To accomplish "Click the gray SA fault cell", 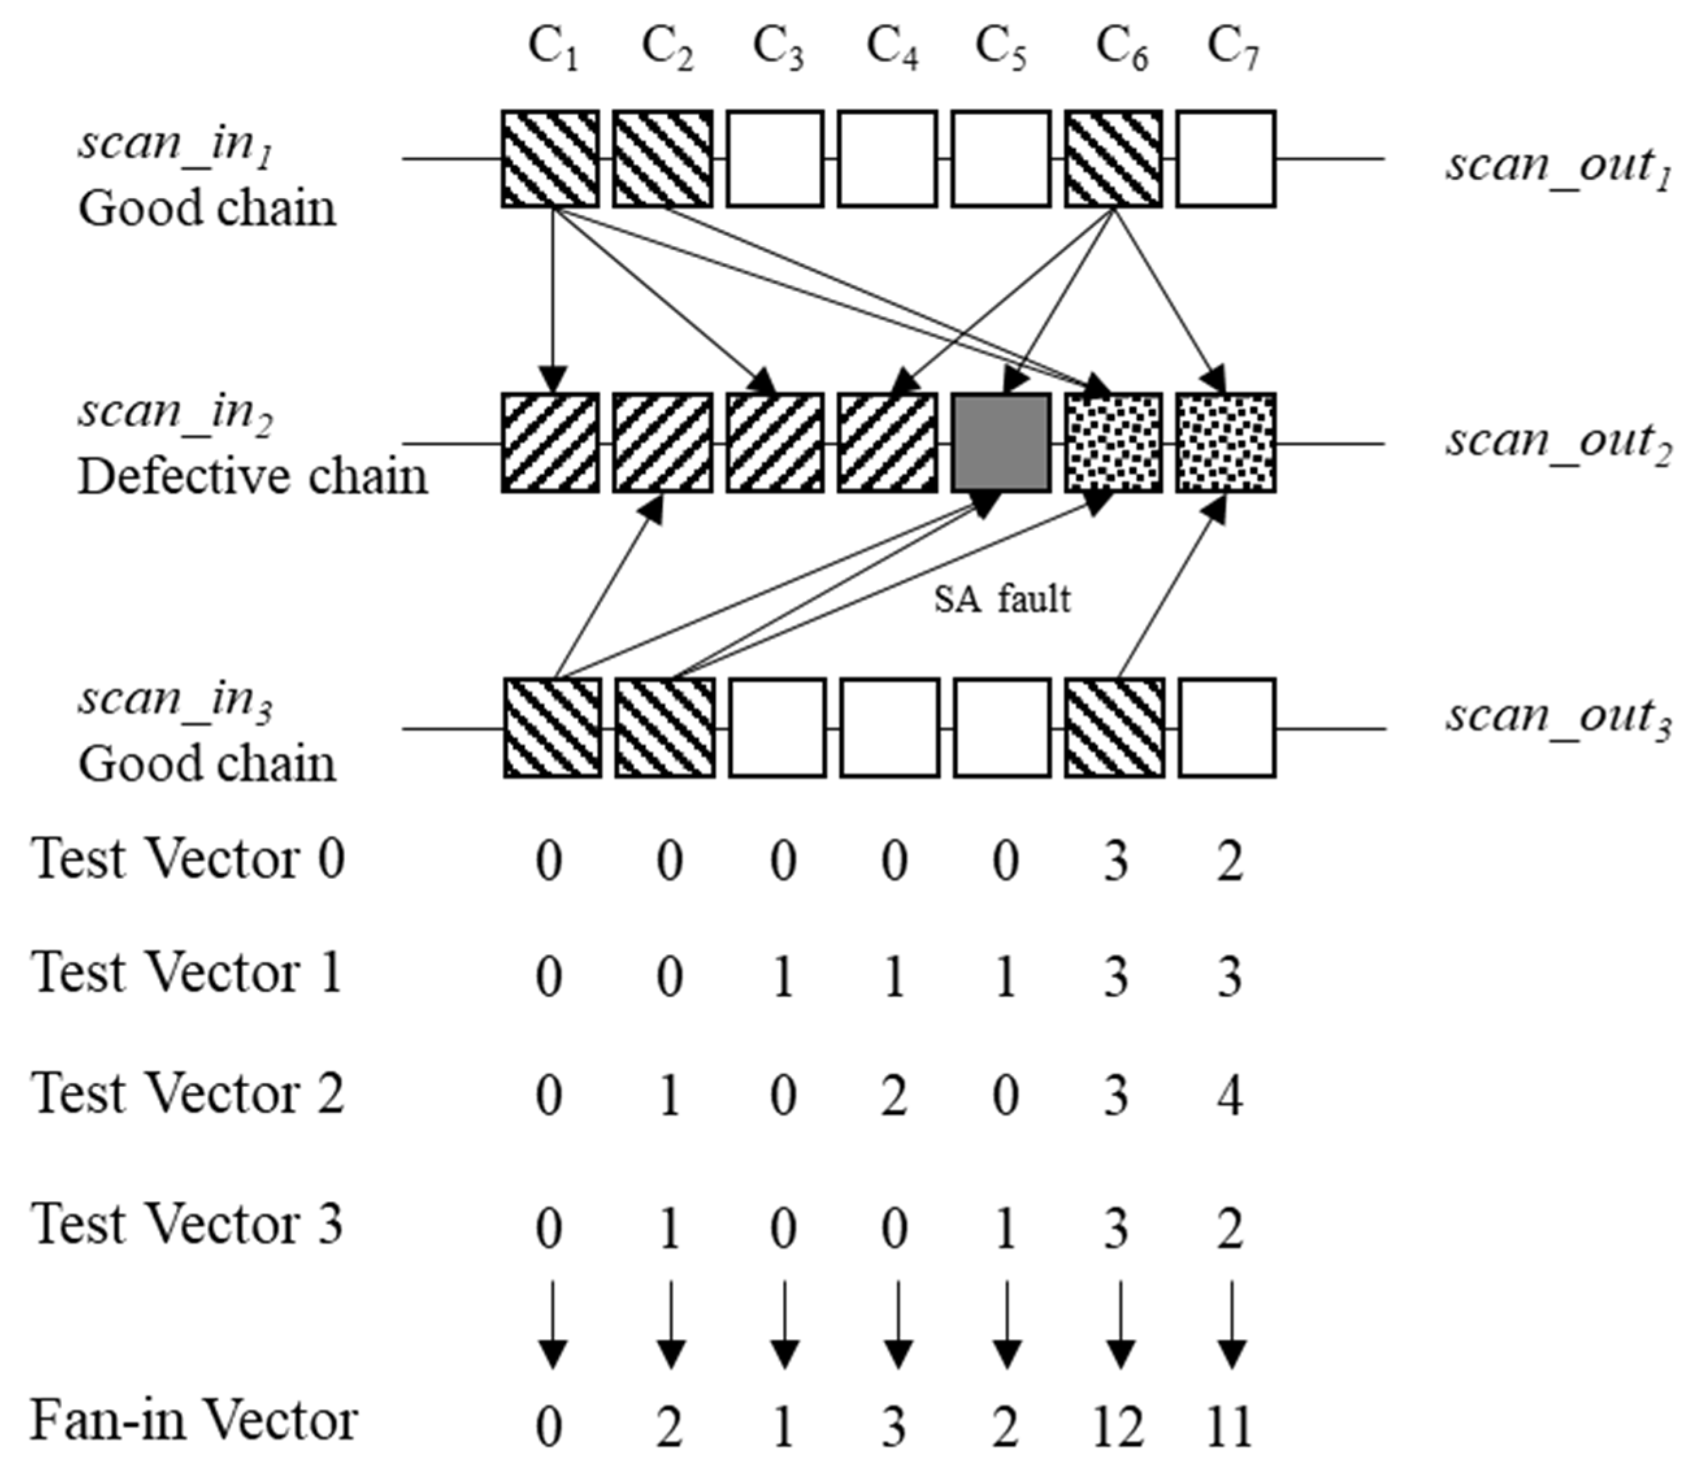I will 1001,443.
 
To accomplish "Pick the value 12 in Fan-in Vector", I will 1117,1426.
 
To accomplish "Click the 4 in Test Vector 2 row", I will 1229,1096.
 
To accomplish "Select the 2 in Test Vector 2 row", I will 893,1096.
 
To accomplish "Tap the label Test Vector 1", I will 186,973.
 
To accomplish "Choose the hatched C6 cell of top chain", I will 1113,159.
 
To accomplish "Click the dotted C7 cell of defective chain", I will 1226,443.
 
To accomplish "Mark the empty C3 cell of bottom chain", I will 777,728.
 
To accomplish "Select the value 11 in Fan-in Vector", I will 1229,1426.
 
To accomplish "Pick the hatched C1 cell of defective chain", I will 551,443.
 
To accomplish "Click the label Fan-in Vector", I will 194,1421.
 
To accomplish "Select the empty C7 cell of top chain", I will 1226,159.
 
